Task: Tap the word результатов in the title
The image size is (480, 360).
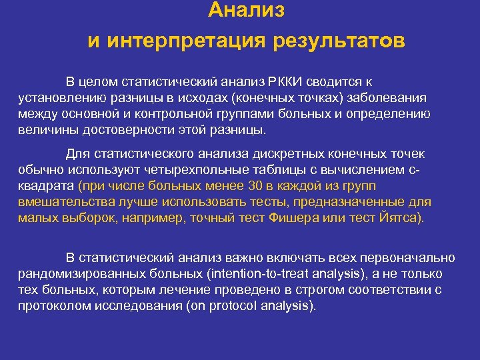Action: point(337,42)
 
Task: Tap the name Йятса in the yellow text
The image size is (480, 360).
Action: point(399,218)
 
